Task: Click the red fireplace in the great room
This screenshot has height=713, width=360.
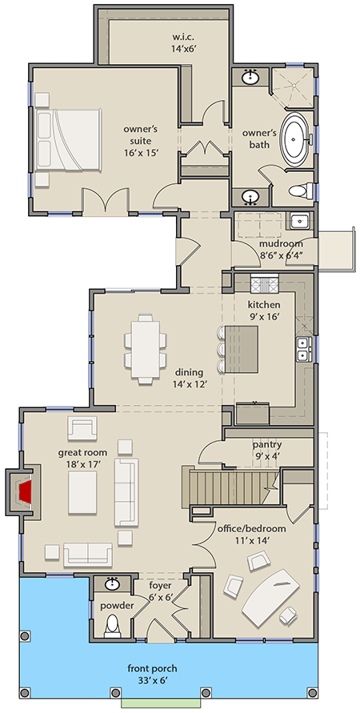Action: pyautogui.click(x=26, y=491)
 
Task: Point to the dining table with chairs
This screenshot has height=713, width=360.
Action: pyautogui.click(x=149, y=344)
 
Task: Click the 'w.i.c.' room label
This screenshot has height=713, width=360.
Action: pyautogui.click(x=184, y=36)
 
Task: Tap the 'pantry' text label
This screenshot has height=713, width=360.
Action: pyautogui.click(x=266, y=444)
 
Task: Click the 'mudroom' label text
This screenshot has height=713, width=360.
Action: pyautogui.click(x=274, y=244)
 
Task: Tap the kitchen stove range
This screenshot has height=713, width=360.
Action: pyautogui.click(x=262, y=283)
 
